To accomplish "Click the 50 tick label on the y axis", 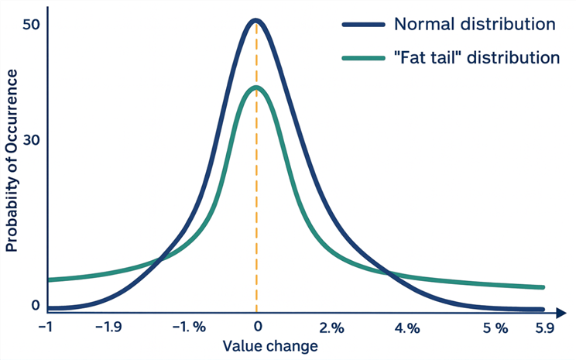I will point(31,25).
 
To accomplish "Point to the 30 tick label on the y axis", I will point(31,140).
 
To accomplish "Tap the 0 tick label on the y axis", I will point(35,305).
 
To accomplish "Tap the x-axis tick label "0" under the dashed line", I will point(257,327).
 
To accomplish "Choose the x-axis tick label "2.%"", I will point(330,327).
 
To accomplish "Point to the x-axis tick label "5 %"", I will point(495,327).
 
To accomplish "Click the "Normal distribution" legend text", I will point(474,23).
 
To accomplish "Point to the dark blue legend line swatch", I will point(363,23).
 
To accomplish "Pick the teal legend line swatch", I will point(363,57).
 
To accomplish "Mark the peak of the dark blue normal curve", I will point(256,21).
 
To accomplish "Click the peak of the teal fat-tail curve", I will point(256,87).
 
